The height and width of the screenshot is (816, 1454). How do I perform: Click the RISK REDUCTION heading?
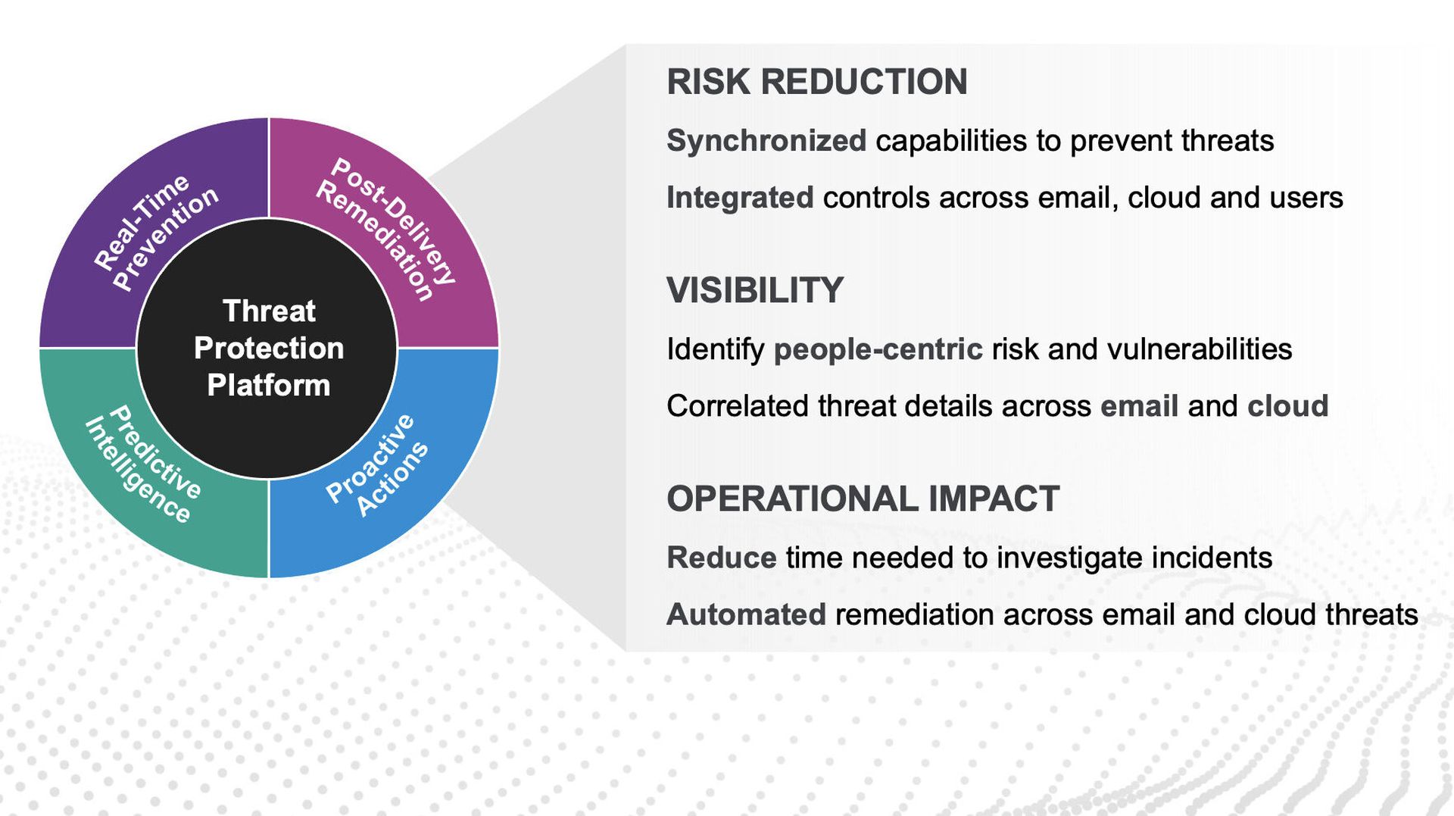tap(816, 82)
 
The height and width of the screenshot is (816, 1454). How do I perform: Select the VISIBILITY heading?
tap(755, 290)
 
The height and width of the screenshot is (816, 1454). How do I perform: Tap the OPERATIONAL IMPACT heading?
tap(863, 499)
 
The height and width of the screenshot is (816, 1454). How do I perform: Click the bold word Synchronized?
tap(766, 141)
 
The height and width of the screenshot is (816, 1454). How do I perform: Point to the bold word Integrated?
tap(740, 198)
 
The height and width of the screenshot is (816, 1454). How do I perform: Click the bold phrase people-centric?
tap(878, 349)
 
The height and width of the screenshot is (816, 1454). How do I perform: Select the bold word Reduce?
tap(722, 558)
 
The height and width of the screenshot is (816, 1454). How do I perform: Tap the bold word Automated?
tap(746, 614)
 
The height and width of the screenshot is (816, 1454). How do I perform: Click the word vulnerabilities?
tap(1200, 349)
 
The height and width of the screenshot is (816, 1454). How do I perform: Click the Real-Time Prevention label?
tap(156, 231)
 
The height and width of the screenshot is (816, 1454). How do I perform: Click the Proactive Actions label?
tap(377, 465)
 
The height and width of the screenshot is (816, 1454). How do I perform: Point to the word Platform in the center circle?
tap(269, 386)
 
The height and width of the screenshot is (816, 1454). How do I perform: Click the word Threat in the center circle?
tap(269, 311)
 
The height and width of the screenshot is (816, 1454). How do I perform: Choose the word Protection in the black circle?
tap(269, 348)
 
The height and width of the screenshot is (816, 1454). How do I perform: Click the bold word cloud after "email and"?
tap(1288, 406)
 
